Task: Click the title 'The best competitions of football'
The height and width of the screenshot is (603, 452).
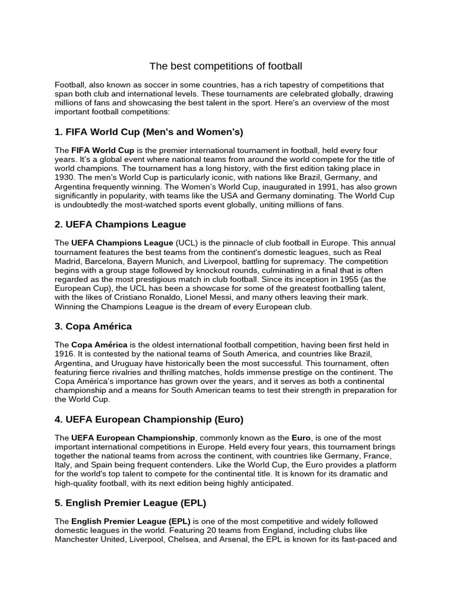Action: coord(225,66)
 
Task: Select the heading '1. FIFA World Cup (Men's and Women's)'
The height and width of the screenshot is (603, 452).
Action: coord(149,131)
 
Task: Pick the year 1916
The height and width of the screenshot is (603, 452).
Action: coord(65,353)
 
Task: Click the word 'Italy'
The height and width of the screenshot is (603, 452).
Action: coord(64,465)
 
